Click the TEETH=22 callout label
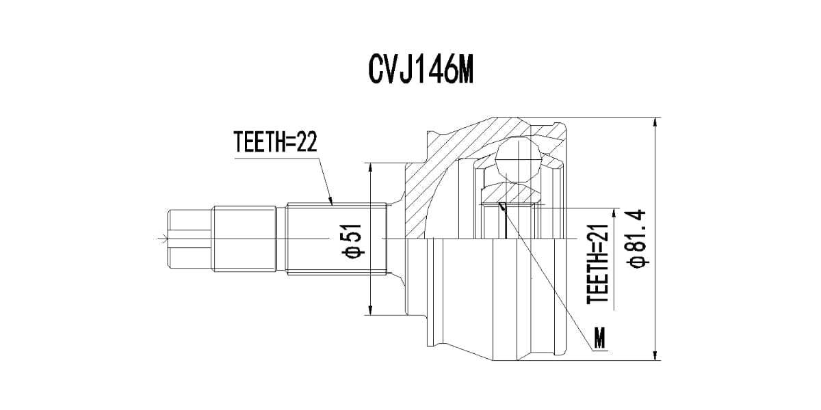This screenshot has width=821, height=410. (x=275, y=141)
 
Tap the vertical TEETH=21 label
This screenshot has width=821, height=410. (x=597, y=264)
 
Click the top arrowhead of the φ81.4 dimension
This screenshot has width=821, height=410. (x=655, y=124)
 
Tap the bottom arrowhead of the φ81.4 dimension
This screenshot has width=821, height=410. (x=655, y=354)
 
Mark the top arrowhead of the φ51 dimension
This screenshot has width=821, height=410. (x=371, y=169)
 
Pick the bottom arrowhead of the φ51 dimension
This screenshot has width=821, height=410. (x=371, y=308)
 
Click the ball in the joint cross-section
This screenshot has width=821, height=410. (x=518, y=160)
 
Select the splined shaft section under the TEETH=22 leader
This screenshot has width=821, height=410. (x=337, y=238)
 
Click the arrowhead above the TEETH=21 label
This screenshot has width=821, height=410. (x=614, y=215)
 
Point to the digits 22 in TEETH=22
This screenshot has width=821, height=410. (x=307, y=141)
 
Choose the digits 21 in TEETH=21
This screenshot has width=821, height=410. (x=597, y=233)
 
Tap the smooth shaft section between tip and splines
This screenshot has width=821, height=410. (x=244, y=239)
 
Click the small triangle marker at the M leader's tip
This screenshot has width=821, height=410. (x=502, y=206)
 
